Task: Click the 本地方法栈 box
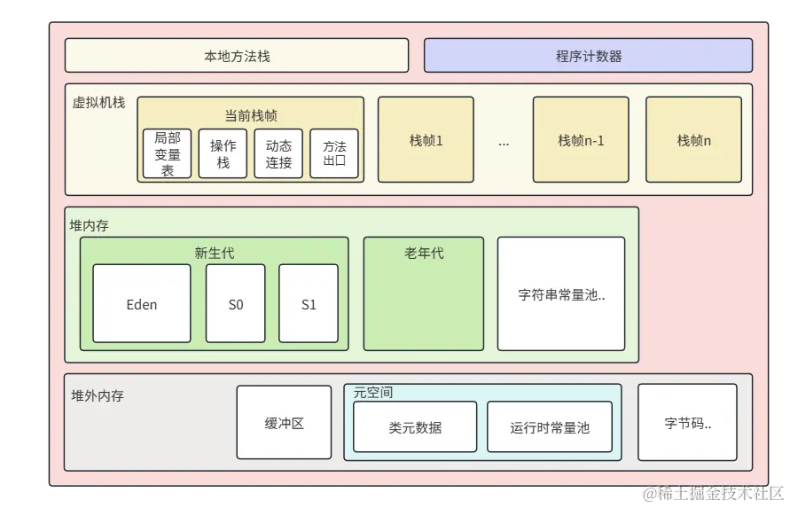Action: coord(237,56)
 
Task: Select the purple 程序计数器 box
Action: coord(588,56)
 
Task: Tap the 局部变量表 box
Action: coord(168,153)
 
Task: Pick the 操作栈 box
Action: coord(223,153)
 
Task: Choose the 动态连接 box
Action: coord(278,153)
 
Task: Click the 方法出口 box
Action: coord(334,153)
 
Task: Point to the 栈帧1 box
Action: coord(426,140)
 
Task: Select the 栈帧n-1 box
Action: coord(581,140)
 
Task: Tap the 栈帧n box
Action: coord(694,140)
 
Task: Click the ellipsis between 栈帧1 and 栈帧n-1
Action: coord(504,142)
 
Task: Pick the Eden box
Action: coord(142,304)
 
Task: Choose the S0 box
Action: coord(235,304)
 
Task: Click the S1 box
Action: coord(309,304)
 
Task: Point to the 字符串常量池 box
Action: coord(561,294)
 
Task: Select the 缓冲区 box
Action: coord(284,423)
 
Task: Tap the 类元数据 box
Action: coord(415,427)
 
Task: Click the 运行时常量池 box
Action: coord(550,427)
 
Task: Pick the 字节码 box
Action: coord(687,423)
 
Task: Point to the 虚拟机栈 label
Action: coord(98,102)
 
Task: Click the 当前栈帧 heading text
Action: coord(250,115)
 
